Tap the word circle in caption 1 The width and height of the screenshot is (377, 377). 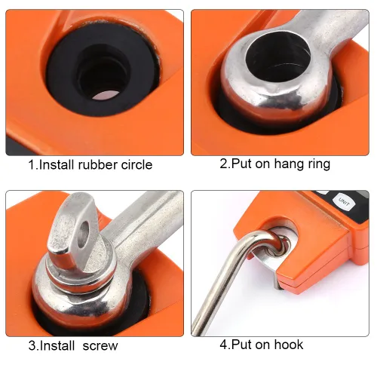[x=136, y=165]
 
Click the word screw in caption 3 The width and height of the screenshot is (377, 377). [x=100, y=346]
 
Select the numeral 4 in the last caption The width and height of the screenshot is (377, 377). [x=223, y=345]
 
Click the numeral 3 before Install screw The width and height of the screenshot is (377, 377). [x=32, y=345]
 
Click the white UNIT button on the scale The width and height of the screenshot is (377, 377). [x=344, y=202]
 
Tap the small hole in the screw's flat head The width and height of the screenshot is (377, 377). [x=84, y=233]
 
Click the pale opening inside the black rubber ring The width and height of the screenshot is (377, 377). [x=106, y=95]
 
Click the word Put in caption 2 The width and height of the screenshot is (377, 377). [x=241, y=164]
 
